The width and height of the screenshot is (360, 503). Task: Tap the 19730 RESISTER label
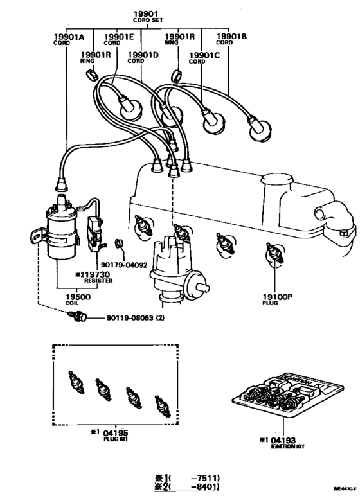pyautogui.click(x=97, y=276)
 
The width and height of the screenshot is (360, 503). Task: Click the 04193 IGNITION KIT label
pyautogui.click(x=282, y=440)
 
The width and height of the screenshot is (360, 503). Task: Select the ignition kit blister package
pyautogui.click(x=283, y=395)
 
